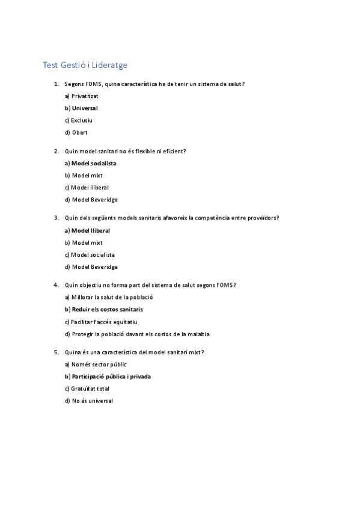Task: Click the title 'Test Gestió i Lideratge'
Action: click(x=85, y=64)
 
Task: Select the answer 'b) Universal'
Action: click(x=81, y=108)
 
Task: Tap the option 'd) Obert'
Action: click(x=76, y=132)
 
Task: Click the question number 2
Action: click(x=56, y=151)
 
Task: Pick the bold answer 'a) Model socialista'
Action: click(x=90, y=163)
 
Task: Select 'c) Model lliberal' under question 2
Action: click(x=87, y=187)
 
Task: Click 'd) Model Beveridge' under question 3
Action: click(x=91, y=266)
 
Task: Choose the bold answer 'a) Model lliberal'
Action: click(x=87, y=230)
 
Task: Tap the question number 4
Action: click(x=56, y=284)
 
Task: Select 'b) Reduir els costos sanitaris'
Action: click(x=103, y=309)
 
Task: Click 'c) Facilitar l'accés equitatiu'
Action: click(x=100, y=322)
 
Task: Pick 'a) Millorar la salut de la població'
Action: click(x=109, y=297)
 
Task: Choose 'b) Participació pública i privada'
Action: click(x=108, y=376)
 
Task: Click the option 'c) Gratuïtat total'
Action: click(x=88, y=389)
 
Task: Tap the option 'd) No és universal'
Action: click(x=88, y=401)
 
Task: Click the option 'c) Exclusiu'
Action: click(x=79, y=120)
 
